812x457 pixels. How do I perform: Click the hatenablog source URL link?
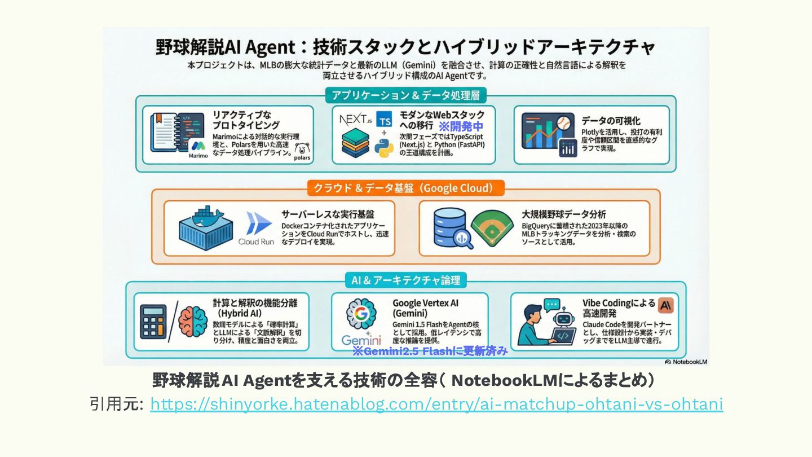436,405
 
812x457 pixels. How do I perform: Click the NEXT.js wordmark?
357,120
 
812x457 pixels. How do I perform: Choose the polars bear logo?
302,152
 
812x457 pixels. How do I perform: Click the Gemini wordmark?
361,340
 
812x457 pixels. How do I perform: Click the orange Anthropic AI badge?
666,305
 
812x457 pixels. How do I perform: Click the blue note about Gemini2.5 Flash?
430,351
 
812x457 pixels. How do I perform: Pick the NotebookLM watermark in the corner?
686,362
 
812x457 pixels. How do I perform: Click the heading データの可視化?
611,121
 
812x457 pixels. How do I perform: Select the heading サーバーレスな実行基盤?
328,214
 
